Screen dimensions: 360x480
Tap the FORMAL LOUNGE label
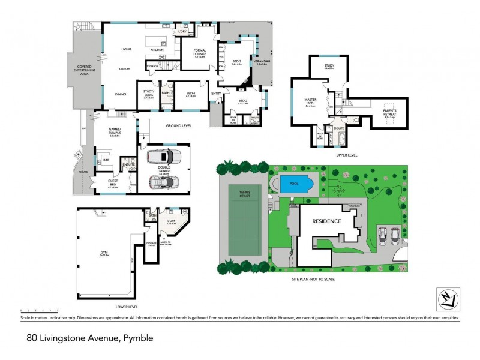pyautogui.click(x=200, y=52)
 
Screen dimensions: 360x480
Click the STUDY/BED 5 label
pyautogui.click(x=148, y=94)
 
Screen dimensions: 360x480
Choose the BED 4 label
pyautogui.click(x=191, y=93)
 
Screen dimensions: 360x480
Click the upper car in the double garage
pyautogui.click(x=164, y=157)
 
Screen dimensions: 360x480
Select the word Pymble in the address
pyautogui.click(x=137, y=338)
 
